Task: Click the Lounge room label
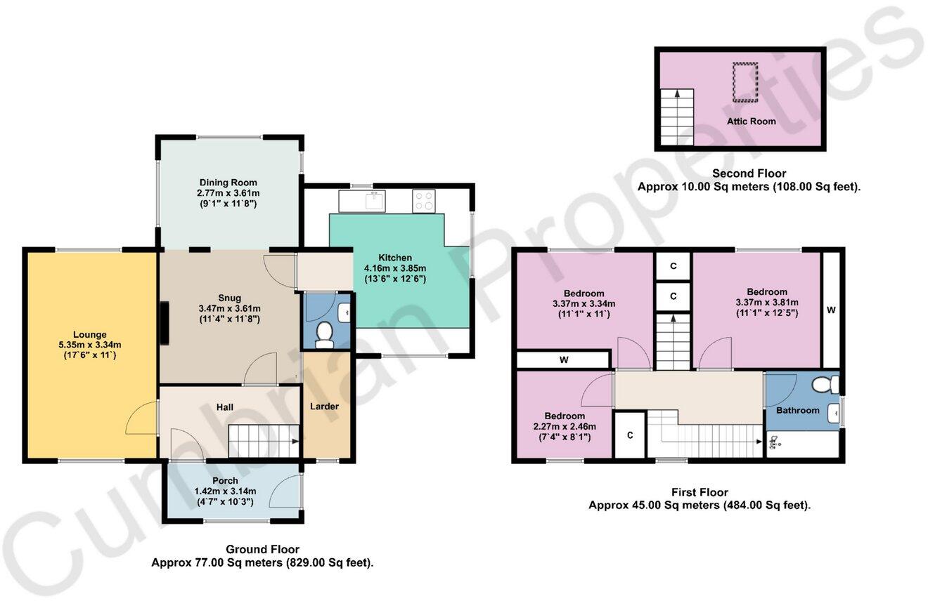[89, 334]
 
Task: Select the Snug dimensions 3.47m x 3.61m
[229, 308]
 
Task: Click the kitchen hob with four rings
[424, 201]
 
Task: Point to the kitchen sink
[374, 201]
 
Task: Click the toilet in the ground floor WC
[325, 335]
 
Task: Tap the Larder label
[324, 407]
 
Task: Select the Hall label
[224, 407]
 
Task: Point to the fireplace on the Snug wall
[165, 323]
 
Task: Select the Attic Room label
[751, 121]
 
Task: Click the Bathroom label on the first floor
[797, 410]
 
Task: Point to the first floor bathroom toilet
[824, 384]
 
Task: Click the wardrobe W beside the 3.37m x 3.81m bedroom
[830, 309]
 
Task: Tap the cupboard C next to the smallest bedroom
[630, 435]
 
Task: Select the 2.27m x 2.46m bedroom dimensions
[564, 426]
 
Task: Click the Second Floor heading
[749, 173]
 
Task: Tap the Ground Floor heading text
[262, 549]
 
